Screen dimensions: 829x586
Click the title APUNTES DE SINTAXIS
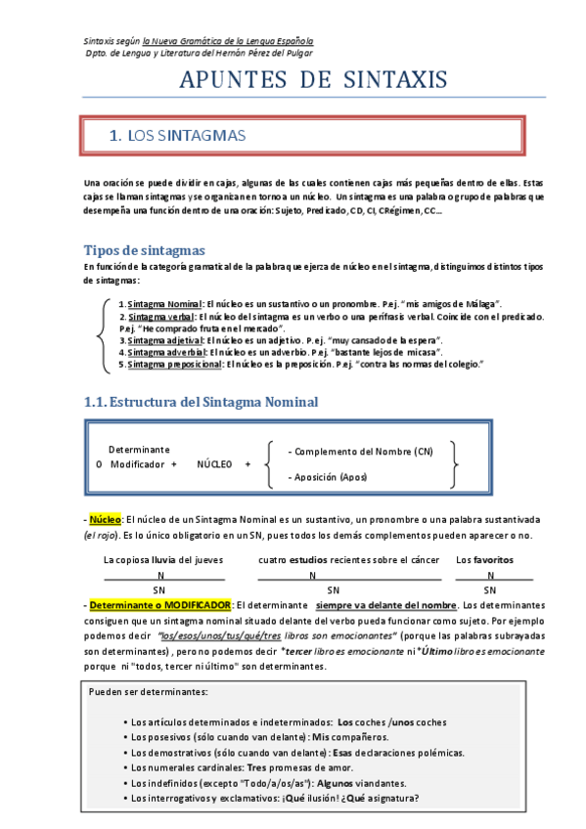(313, 79)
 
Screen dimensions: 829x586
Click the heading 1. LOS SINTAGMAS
(177, 136)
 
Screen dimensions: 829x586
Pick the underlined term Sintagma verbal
(160, 317)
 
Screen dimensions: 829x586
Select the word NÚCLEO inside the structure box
(214, 464)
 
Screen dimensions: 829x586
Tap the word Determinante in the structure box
(139, 450)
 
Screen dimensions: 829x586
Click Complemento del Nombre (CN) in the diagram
(361, 452)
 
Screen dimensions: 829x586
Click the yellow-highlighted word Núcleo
(104, 519)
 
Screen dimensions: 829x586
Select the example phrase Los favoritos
(485, 560)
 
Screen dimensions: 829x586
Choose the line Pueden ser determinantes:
(148, 691)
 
